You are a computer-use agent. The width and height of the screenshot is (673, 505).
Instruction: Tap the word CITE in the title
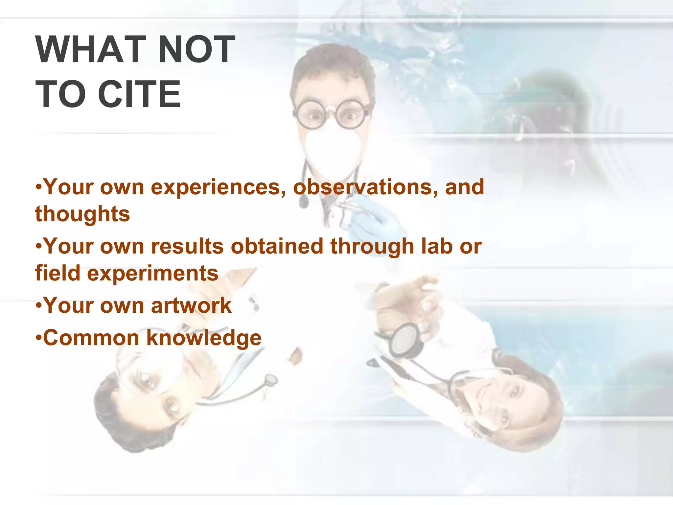coord(139,94)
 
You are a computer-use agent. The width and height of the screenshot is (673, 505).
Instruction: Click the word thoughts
coord(82,214)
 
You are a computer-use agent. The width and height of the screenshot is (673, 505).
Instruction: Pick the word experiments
coord(152,273)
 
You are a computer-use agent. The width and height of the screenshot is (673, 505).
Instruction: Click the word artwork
coord(191,305)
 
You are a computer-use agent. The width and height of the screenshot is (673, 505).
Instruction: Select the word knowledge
coord(204,339)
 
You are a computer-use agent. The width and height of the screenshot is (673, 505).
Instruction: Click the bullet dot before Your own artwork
coord(38,305)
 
